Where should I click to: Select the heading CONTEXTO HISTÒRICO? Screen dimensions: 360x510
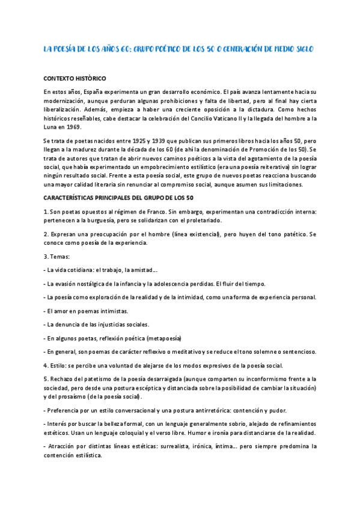click(75, 79)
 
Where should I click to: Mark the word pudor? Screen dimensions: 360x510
click(285, 410)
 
